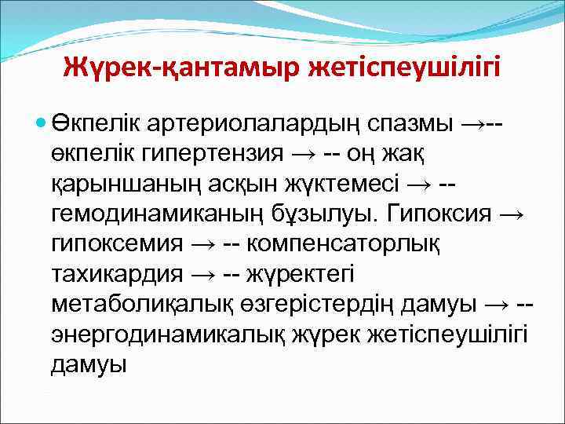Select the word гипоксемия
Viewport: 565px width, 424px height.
[116, 243]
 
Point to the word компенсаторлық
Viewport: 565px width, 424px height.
[344, 243]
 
